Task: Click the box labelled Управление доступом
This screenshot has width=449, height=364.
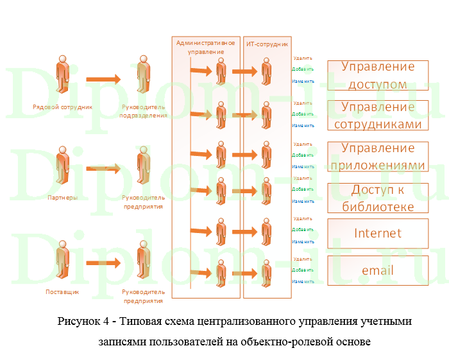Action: tap(378, 75)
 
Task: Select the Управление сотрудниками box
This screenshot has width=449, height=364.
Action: tap(378, 116)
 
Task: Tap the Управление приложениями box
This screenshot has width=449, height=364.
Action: tap(378, 157)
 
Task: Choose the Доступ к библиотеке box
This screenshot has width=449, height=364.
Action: tap(378, 198)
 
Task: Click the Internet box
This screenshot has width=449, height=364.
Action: tap(378, 233)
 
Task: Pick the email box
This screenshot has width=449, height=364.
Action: tap(378, 270)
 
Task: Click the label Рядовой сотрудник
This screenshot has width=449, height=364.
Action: tap(62, 107)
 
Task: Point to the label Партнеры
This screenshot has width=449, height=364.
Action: tap(62, 198)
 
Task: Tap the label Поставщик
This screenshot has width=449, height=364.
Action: tap(62, 291)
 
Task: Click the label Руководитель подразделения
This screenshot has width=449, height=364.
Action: tap(144, 111)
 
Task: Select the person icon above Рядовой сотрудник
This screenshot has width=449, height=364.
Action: tap(62, 74)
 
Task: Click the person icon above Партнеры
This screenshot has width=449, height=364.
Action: tap(62, 166)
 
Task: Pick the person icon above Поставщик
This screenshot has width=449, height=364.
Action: tap(62, 259)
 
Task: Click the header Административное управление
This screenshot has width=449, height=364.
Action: tap(206, 47)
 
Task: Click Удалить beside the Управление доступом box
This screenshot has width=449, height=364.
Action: tap(303, 58)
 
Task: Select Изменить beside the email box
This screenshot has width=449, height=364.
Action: tap(303, 281)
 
